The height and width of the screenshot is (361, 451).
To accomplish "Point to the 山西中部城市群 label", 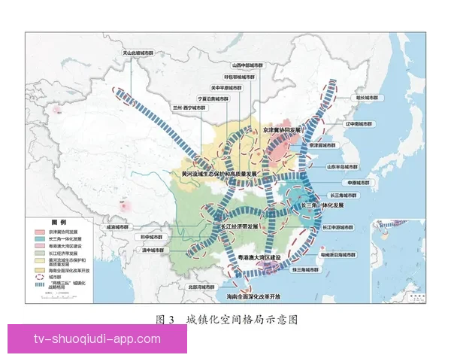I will [248, 65].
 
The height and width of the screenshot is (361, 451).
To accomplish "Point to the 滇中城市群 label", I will [153, 250].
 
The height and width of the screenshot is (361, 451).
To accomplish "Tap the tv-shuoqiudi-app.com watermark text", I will [97, 338].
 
